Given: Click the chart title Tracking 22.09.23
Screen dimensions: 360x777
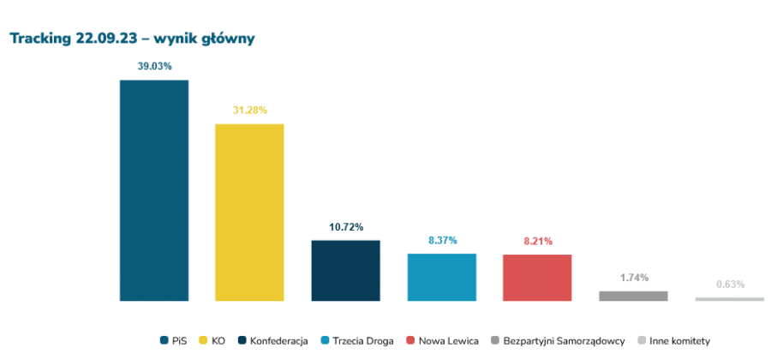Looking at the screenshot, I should tap(132, 39).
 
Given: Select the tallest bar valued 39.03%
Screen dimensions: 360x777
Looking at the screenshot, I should tap(154, 190).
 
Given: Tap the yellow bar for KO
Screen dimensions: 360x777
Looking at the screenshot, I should tap(249, 213).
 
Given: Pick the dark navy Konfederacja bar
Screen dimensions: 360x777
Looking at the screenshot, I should tap(345, 270).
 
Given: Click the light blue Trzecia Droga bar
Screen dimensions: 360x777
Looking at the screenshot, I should tap(441, 277).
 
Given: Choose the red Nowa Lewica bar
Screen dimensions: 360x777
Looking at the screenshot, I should tap(537, 277).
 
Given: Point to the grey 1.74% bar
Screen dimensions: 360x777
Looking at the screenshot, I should tap(633, 296).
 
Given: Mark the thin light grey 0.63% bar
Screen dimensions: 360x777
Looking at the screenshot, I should tap(729, 299).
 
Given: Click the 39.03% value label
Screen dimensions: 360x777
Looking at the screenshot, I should tap(154, 66).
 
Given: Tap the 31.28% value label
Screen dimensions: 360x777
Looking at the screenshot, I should tap(249, 110).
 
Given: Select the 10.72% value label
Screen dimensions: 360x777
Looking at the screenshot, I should tap(345, 227).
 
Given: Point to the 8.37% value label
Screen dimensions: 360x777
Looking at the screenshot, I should tap(441, 241).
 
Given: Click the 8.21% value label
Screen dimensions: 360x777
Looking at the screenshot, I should tap(537, 242).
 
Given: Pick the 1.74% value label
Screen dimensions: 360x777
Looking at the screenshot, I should tap(633, 278).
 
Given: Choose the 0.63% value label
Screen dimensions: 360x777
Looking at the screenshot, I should tap(730, 284).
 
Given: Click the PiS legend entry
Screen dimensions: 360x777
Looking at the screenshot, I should tap(175, 340).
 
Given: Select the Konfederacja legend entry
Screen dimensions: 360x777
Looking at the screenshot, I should tap(272, 340).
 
